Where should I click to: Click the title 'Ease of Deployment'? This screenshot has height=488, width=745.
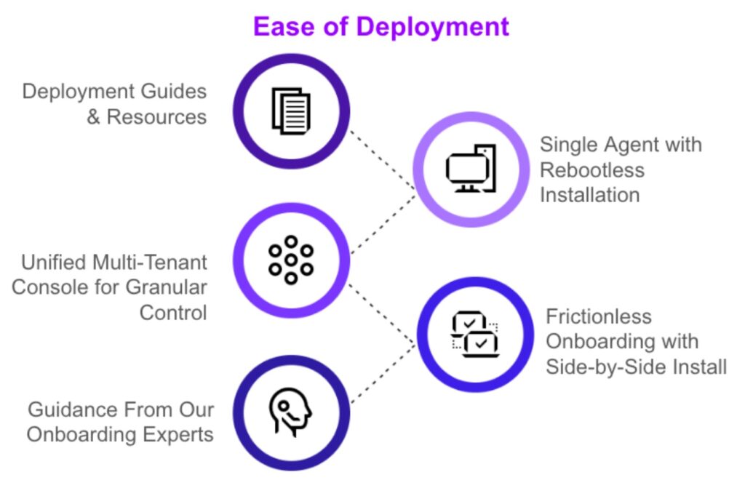[x=381, y=27]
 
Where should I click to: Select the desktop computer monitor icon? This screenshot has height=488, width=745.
[x=470, y=170]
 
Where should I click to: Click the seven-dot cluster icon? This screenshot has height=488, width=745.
[x=290, y=260]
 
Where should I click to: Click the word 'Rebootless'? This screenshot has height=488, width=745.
[x=591, y=170]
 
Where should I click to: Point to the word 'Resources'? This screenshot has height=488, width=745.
[x=156, y=117]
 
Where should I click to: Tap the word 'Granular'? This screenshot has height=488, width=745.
[x=167, y=287]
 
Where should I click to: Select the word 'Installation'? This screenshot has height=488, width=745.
[x=589, y=195]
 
